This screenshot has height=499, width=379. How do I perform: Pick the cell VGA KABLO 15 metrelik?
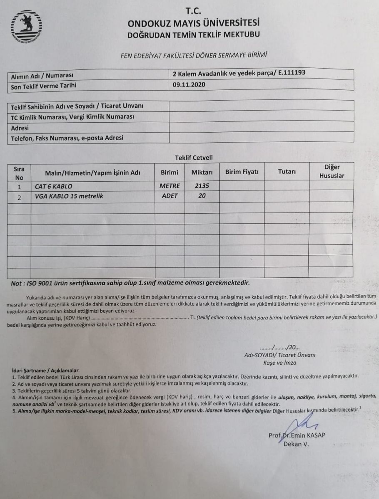click(x=69, y=196)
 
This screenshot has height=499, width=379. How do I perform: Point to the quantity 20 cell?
click(x=202, y=196)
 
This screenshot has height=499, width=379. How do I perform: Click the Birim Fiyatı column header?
click(x=242, y=172)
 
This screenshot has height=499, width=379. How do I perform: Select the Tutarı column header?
click(x=287, y=171)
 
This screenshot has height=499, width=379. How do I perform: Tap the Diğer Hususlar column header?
click(x=332, y=171)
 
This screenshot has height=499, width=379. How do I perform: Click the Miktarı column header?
click(x=202, y=172)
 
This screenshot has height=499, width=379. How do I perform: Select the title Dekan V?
click(x=297, y=444)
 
